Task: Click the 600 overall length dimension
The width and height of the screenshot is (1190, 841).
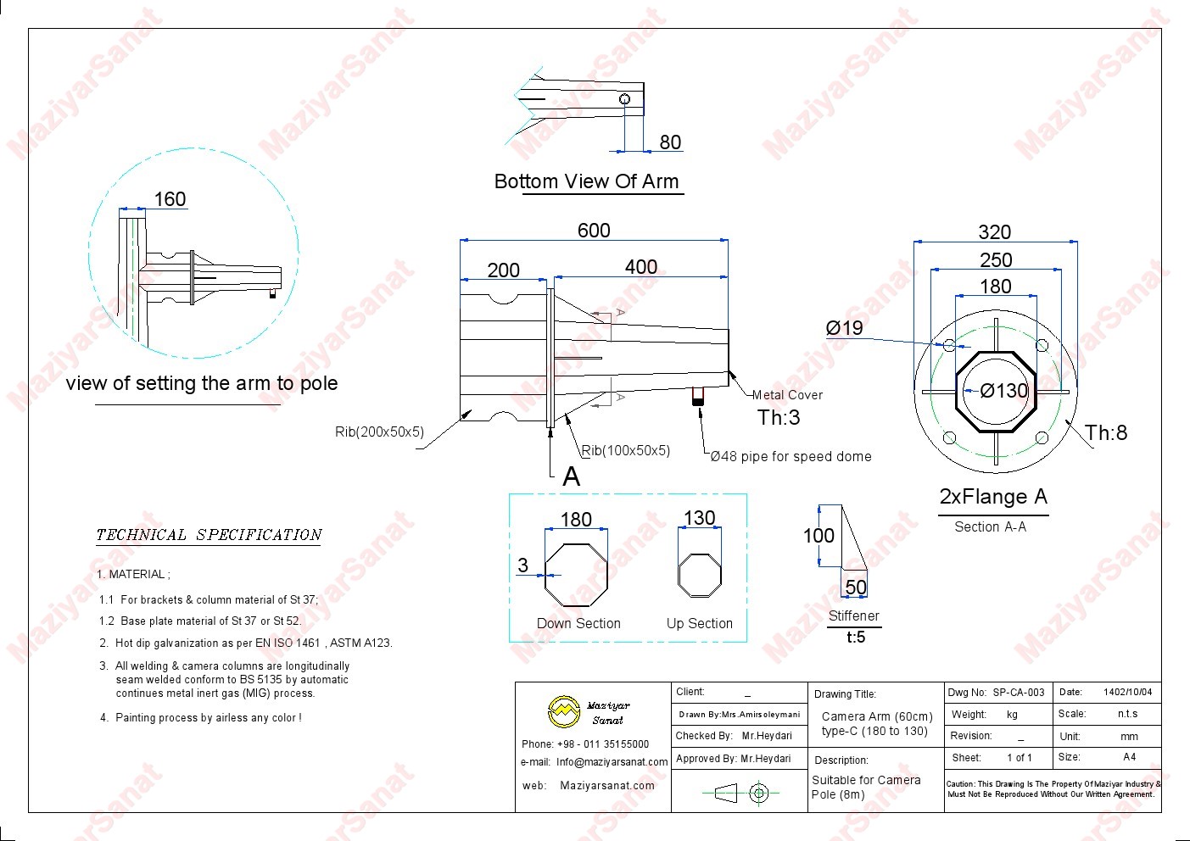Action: coord(594,231)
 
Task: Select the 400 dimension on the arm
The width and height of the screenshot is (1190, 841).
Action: coord(641,267)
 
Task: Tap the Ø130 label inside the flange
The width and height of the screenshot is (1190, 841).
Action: coord(1004,391)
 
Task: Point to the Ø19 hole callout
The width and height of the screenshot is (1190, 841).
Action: coord(844,328)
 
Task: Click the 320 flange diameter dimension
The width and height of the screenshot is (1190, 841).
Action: coord(995,232)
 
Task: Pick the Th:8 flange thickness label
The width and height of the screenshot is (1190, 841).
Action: coord(1107,433)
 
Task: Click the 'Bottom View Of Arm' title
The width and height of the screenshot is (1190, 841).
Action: coord(587,181)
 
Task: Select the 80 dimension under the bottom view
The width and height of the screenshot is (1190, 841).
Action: coord(670,142)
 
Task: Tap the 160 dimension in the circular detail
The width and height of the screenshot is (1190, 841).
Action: coord(170,199)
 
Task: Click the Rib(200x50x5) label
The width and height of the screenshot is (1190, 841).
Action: coord(379,432)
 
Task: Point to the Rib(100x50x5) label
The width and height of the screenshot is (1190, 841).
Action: coord(626,451)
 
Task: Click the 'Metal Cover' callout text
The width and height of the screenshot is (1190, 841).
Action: coord(787,395)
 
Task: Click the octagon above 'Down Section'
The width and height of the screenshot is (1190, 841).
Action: coord(576,575)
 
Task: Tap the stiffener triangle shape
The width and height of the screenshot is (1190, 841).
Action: coord(851,539)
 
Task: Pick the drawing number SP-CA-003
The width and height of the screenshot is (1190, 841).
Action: coord(1019,693)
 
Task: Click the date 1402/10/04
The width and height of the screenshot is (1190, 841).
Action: coord(1127,693)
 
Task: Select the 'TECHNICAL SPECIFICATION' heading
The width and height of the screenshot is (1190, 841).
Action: coord(209,535)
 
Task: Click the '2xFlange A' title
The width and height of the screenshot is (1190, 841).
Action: coord(993,497)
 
